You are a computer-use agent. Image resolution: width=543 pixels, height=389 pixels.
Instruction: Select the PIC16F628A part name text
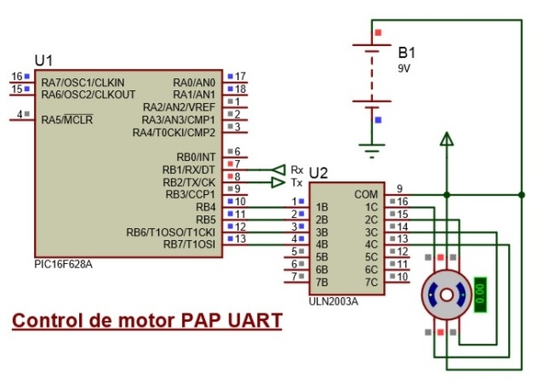64,265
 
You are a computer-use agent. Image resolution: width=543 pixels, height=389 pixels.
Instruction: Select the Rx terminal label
297,169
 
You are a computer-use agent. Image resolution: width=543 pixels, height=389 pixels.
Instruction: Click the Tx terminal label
296,182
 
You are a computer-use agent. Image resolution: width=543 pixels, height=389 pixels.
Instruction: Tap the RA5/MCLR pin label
67,119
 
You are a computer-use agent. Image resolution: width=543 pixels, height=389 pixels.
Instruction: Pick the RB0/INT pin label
197,157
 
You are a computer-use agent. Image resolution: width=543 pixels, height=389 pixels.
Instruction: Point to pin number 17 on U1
240,77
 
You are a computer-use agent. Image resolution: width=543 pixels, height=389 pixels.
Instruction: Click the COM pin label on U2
366,194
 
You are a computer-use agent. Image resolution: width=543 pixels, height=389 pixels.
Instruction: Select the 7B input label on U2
322,282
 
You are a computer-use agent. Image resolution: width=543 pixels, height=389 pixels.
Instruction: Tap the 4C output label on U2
371,244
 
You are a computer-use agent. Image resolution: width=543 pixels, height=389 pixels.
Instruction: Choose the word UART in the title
253,322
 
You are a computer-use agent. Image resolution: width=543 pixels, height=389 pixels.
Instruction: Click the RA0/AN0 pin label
195,82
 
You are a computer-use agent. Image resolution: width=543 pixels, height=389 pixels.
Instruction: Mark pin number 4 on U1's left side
19,114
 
